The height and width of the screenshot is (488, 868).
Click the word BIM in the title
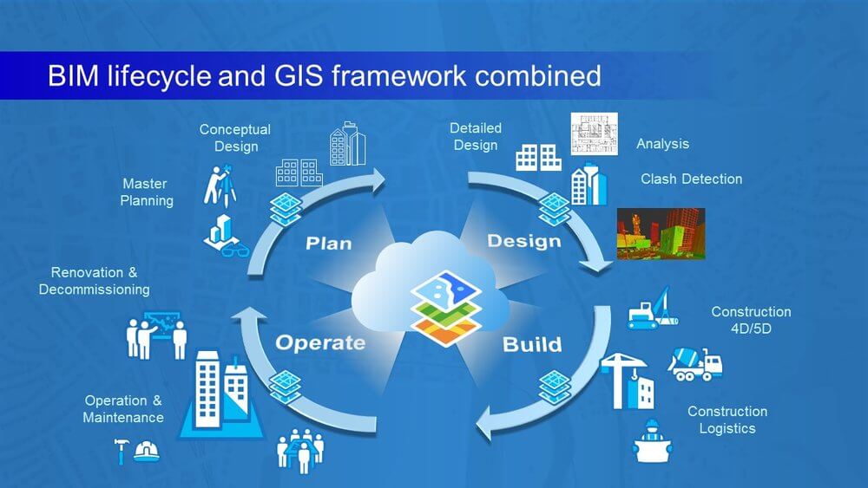74,75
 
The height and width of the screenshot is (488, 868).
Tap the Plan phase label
329,244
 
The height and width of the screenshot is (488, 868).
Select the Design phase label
524,241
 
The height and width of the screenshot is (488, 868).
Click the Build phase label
532,344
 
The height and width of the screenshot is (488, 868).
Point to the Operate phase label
320,342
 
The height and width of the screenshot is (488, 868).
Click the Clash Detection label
692,179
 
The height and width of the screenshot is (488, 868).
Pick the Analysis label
662,144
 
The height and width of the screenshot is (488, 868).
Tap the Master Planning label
146,192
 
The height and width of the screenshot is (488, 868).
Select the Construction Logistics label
727,420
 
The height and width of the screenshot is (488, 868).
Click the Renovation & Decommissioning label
94,281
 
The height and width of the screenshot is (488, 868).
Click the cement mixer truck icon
694,364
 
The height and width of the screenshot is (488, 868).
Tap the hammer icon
122,451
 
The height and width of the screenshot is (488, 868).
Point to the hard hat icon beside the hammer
147,452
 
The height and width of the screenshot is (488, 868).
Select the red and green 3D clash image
661,234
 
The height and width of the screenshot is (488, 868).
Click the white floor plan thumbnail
594,134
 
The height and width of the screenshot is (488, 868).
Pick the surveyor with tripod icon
220,185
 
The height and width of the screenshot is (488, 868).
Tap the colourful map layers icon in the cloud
445,308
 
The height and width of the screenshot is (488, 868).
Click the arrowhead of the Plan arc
378,180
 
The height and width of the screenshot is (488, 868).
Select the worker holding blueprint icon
652,441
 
